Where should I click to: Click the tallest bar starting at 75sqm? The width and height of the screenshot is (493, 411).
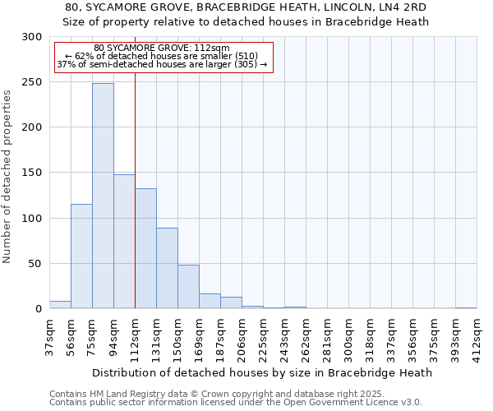pos(103,196)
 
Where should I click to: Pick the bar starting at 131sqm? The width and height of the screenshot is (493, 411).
pos(167,268)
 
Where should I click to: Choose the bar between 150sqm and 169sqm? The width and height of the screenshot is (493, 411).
pos(188,287)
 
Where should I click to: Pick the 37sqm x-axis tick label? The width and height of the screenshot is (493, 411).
pos(49,335)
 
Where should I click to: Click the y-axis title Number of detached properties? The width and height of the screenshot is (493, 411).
pos(7,178)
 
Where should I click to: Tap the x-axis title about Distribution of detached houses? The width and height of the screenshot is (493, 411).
pos(262,372)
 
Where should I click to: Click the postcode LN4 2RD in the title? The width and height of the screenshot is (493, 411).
pos(402,7)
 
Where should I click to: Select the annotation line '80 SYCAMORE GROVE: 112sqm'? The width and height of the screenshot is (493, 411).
pos(162,48)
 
